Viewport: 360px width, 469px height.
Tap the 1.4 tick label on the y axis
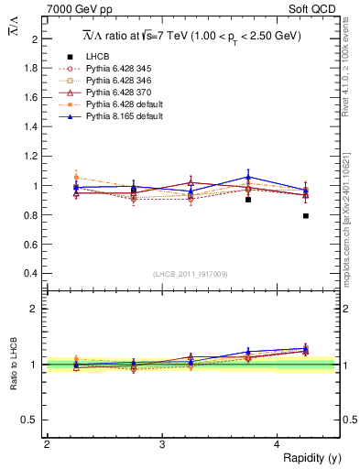(33, 127)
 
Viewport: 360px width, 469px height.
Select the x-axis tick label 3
(161, 444)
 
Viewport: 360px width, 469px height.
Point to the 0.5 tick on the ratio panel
(33, 420)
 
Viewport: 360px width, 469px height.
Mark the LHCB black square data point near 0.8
(306, 216)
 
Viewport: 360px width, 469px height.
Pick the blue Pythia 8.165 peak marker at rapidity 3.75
(248, 177)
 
